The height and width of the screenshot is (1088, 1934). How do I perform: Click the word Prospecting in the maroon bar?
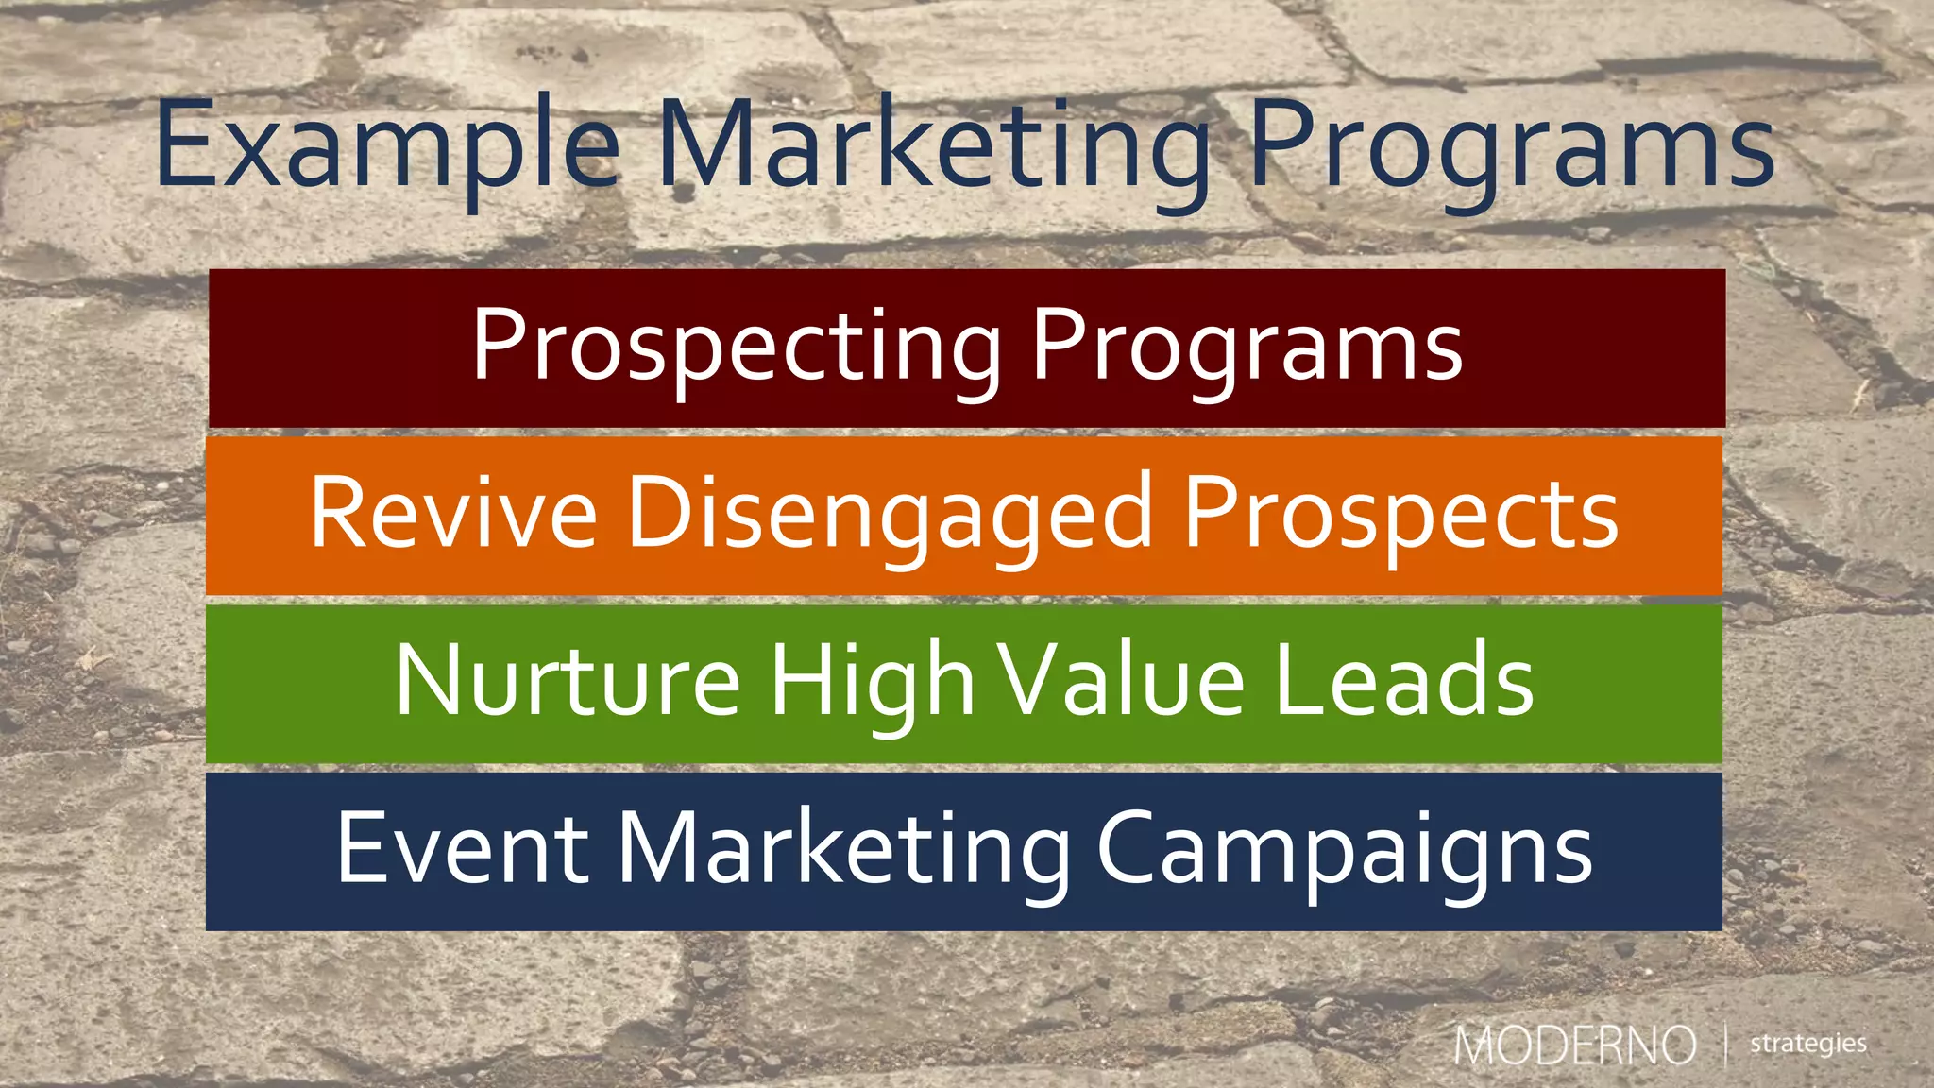point(737,348)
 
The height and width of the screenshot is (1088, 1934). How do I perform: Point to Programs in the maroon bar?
point(1247,348)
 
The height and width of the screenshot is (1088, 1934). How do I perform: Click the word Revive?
point(453,514)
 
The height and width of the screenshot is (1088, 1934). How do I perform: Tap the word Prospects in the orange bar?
point(1401,516)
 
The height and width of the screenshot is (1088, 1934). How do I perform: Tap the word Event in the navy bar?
point(463,848)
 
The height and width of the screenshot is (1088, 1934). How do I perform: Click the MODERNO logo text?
point(1574,1045)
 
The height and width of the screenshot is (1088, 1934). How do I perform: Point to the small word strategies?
point(1807,1044)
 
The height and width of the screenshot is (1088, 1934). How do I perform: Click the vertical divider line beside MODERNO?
point(1726,1045)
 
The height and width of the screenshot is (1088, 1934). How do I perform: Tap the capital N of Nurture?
point(425,680)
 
